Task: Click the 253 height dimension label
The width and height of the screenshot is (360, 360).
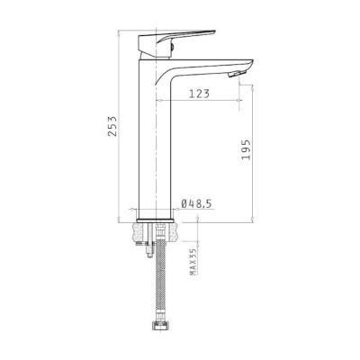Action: pyautogui.click(x=112, y=126)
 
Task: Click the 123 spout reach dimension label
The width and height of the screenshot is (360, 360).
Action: pyautogui.click(x=199, y=94)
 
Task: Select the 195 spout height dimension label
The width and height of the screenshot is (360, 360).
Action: pyautogui.click(x=246, y=149)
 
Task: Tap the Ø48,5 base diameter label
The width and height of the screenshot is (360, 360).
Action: pyautogui.click(x=196, y=203)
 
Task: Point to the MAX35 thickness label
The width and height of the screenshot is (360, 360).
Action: pyautogui.click(x=193, y=262)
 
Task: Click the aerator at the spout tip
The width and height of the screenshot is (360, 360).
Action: pyautogui.click(x=237, y=74)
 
